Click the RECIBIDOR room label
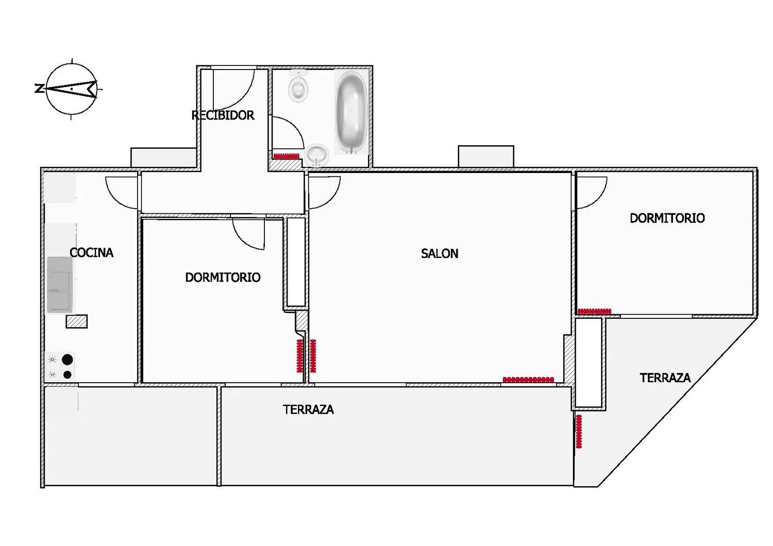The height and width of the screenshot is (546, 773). coord(223,115)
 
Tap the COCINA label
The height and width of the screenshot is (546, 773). coord(91,252)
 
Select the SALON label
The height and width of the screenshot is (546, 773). coord(439,253)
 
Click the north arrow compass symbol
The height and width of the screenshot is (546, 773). coord(71,89)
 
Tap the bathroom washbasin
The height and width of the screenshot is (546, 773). coord(316,155)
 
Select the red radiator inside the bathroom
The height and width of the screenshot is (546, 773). coord(286,156)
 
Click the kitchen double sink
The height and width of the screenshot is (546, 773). coord(60,285)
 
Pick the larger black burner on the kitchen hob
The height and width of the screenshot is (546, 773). coord(67,360)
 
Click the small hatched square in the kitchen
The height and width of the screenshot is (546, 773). coord(77,321)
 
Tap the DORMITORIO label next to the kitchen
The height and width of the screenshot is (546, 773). coord(223,277)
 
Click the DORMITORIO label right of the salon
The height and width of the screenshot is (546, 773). coord(667,218)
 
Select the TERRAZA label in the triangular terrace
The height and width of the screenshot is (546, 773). coord(665,378)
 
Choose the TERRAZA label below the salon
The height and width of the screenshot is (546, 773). coord(308,409)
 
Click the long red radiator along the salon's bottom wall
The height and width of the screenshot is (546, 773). coord(528,380)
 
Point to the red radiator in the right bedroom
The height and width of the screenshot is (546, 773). coord(594,311)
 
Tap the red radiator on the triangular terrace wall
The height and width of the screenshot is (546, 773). coord(579,431)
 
